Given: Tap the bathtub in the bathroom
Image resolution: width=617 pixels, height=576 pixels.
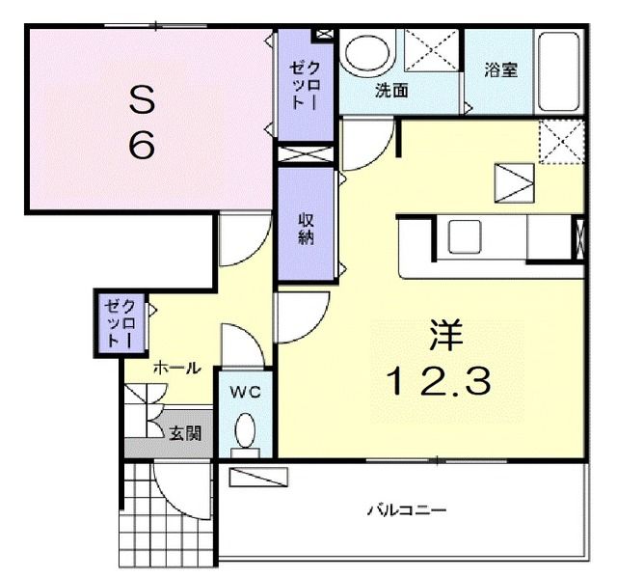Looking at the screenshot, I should tap(560, 72).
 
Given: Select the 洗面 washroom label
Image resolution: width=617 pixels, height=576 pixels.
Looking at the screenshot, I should tap(391, 92).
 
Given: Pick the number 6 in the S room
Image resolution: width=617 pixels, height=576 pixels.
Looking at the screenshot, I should tap(143, 146).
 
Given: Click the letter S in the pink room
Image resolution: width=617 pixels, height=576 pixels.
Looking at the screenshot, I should tap(143, 97).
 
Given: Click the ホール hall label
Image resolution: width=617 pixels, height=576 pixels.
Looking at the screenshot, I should tap(176, 368).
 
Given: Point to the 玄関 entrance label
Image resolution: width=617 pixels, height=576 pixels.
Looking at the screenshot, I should tap(186, 433).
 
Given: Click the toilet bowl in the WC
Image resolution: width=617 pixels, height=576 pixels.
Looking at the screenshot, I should tap(246, 429).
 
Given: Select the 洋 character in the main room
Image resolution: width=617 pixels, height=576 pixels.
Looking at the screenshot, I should tap(445, 337).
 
